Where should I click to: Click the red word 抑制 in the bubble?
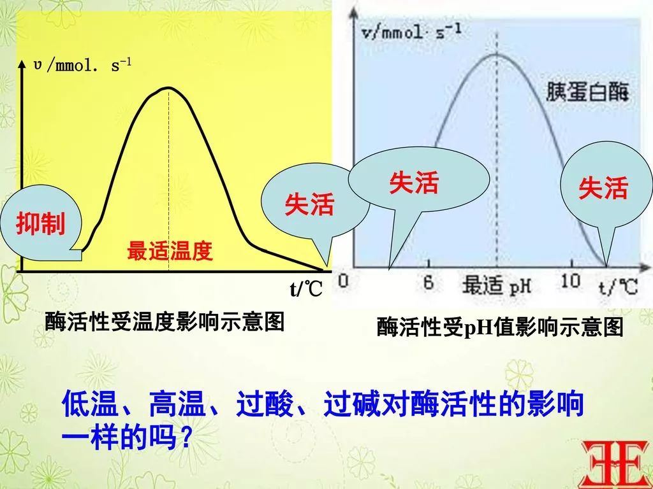coord(41,225)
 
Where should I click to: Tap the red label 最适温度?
coord(169,252)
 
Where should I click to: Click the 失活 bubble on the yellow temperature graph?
coord(309,204)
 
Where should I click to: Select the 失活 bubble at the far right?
coord(603,188)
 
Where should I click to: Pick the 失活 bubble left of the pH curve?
coord(414,183)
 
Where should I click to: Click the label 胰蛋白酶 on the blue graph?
coord(587,94)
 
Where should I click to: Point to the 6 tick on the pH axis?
coord(429,281)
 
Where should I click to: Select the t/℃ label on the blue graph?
coord(617,286)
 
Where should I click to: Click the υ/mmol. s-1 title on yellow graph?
coord(82,66)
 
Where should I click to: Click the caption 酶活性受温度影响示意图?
coord(164,322)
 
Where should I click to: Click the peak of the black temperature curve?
coord(168,88)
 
